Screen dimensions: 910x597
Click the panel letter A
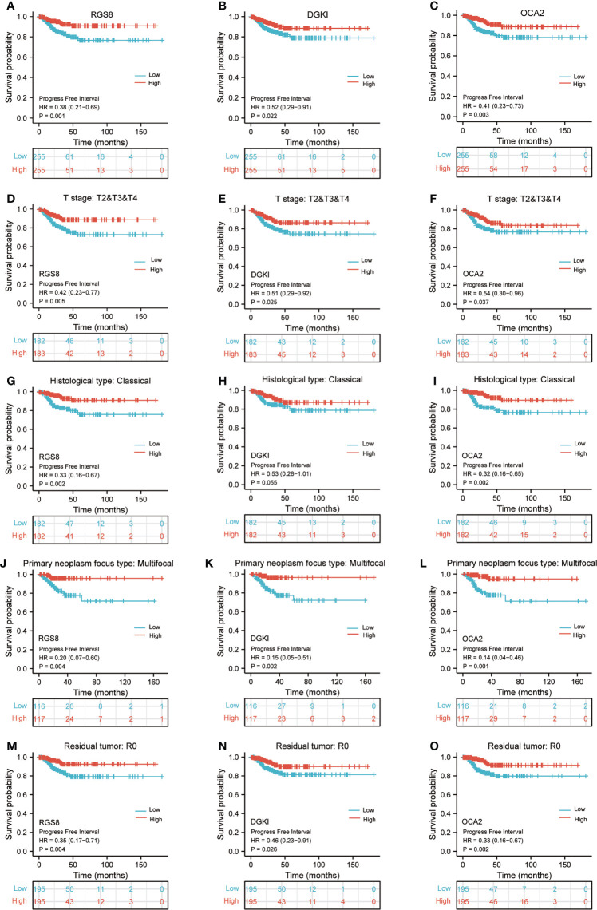[7, 7]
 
